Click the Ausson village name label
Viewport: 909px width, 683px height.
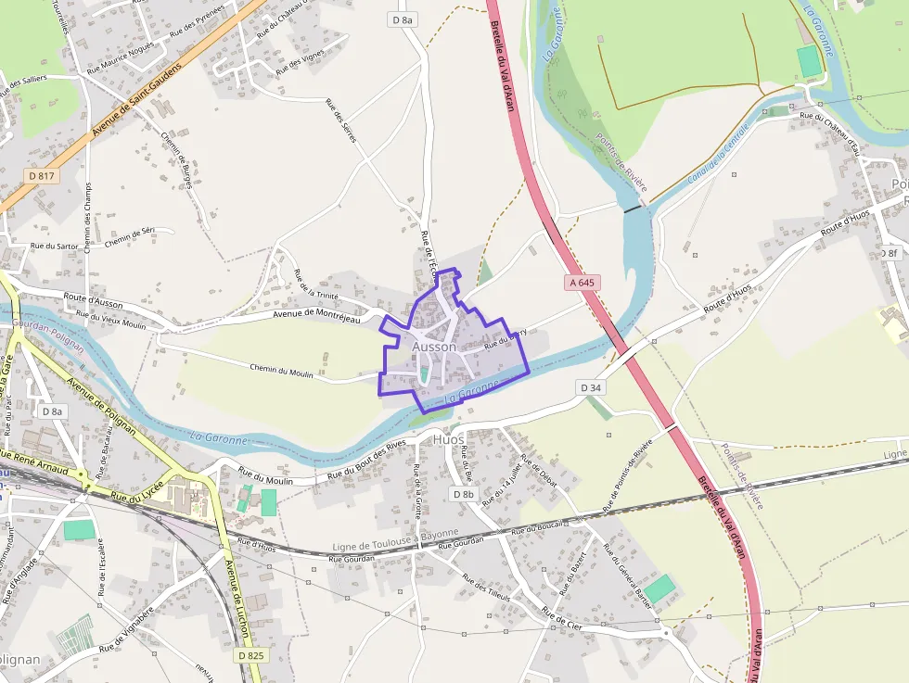(434, 347)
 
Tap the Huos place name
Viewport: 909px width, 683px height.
(449, 439)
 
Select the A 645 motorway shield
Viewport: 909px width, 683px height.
(582, 282)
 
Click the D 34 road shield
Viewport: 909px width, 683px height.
(590, 386)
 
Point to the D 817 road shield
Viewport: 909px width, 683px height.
(43, 175)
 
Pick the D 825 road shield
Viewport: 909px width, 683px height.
(250, 655)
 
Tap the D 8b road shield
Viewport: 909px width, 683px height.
(464, 494)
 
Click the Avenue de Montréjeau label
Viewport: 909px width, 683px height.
(315, 314)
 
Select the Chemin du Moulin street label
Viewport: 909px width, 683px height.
(288, 371)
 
